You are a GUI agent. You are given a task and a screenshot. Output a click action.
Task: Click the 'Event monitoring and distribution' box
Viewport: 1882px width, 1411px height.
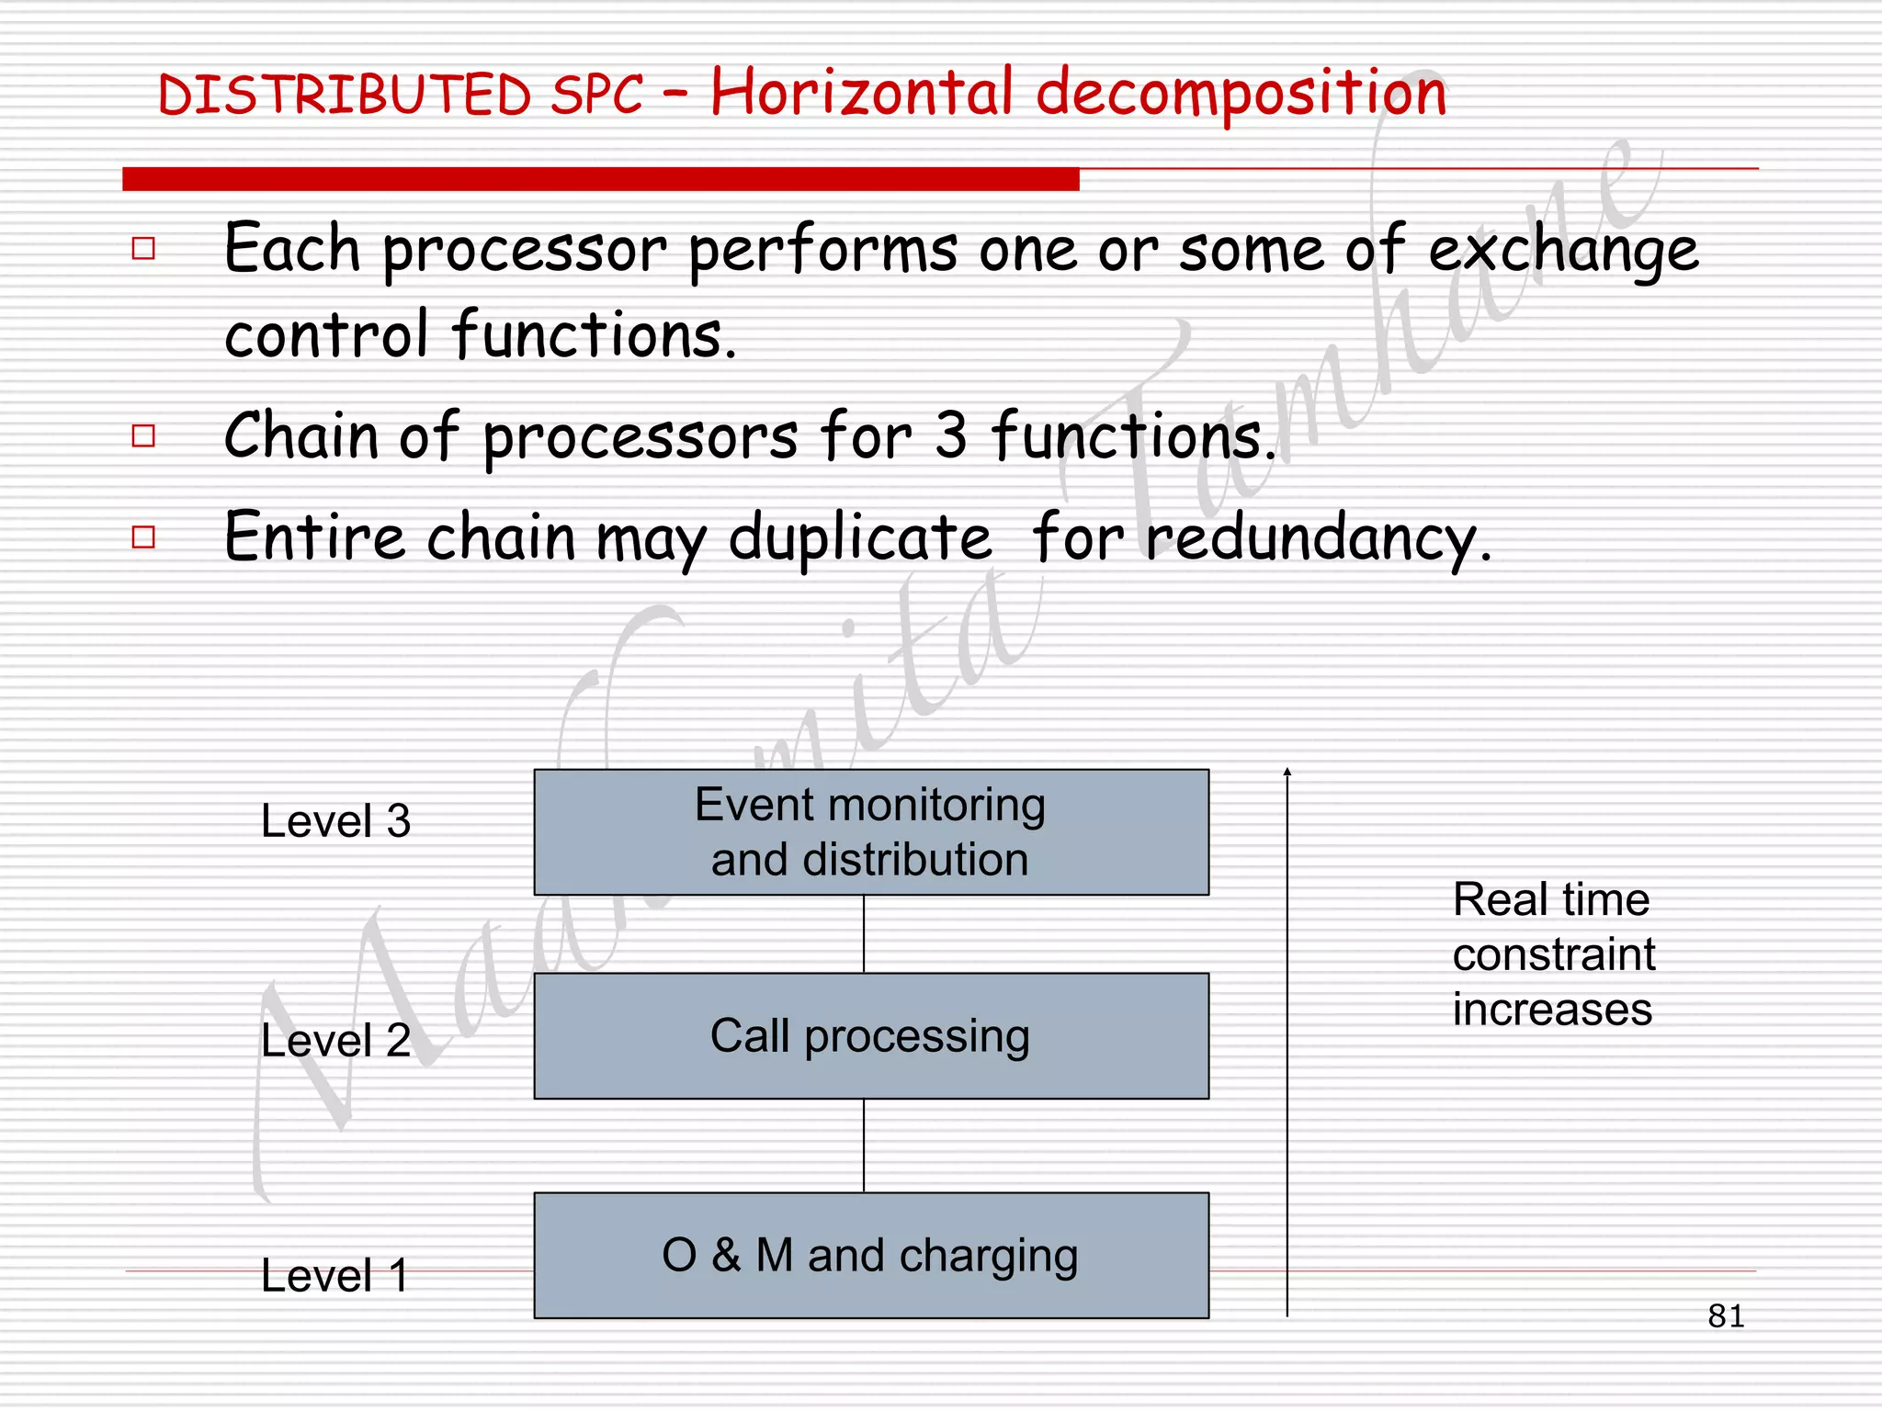point(871,832)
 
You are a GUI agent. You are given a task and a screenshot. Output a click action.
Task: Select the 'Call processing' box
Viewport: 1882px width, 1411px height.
point(871,1036)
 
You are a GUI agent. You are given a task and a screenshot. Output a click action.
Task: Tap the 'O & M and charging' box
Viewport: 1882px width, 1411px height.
point(871,1255)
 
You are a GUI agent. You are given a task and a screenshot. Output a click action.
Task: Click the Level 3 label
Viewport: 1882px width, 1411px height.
point(335,820)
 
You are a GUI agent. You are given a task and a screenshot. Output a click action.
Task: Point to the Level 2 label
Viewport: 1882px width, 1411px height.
point(335,1040)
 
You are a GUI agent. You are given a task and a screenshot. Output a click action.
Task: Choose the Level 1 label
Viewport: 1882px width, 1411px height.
point(335,1275)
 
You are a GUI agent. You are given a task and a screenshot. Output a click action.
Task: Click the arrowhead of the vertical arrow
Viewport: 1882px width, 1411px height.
point(1287,773)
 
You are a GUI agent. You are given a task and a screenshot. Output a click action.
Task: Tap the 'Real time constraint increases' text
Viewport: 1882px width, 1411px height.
point(1553,954)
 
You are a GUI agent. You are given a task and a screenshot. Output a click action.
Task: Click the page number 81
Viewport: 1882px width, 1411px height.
point(1726,1316)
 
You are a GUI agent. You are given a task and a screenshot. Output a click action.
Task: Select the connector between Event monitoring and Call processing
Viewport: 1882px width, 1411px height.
point(864,934)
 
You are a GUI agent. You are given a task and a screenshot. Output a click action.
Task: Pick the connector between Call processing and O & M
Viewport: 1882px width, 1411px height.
point(864,1146)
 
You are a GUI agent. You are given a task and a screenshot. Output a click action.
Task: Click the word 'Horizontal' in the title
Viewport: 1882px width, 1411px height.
point(862,93)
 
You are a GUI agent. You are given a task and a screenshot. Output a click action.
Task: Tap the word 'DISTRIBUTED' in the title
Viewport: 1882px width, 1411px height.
point(345,96)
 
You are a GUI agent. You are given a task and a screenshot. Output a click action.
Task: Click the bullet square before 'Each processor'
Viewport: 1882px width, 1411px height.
point(143,248)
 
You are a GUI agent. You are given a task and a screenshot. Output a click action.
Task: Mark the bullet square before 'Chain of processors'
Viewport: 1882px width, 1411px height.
point(143,435)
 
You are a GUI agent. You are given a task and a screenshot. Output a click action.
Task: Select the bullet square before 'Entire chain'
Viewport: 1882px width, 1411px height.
point(143,536)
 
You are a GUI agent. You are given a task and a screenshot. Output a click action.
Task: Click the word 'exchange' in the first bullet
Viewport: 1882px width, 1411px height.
point(1563,251)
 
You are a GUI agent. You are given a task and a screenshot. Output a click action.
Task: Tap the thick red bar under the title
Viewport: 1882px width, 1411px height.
point(600,179)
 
